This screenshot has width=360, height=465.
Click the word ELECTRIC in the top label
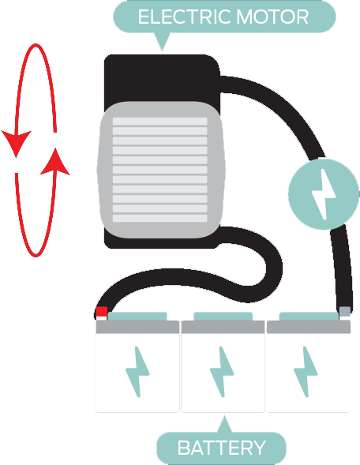[x=185, y=17]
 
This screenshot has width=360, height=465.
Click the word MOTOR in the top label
[x=273, y=17]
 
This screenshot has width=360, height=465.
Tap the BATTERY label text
[x=221, y=448]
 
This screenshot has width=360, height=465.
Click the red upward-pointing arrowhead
[x=55, y=162]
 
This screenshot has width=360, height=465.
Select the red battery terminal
[x=101, y=312]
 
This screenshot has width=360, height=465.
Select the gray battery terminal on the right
[x=344, y=312]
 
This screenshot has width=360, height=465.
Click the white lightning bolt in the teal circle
[x=324, y=194]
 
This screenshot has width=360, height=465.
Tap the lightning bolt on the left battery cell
[x=137, y=372]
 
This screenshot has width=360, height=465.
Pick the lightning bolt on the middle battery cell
[x=222, y=372]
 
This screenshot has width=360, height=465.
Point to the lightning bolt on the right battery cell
[x=306, y=372]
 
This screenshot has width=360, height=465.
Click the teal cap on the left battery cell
[x=137, y=317]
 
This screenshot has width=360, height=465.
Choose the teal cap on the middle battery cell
[x=223, y=317]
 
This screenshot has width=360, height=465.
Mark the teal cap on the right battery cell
[x=309, y=317]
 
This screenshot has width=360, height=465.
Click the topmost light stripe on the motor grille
[x=159, y=122]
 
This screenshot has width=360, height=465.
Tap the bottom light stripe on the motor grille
[x=159, y=218]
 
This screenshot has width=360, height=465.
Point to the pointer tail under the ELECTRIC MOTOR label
[x=162, y=42]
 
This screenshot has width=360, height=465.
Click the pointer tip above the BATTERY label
[x=224, y=416]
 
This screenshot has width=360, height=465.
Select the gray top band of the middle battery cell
[x=223, y=327]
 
